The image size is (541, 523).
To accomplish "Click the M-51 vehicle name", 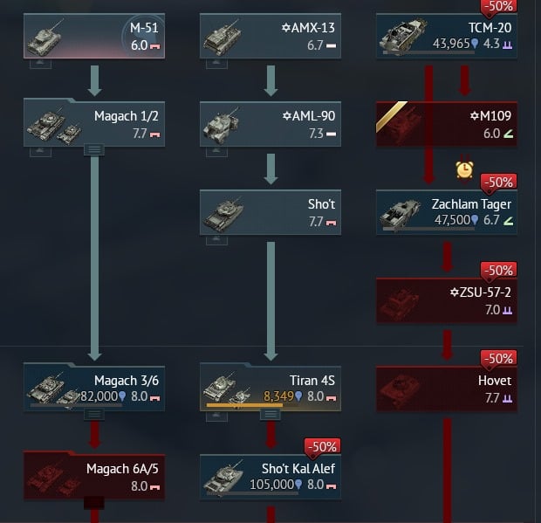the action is (144, 28).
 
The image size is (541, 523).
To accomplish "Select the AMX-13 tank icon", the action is (222, 38).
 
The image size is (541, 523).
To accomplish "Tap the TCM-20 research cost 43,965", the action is (451, 44).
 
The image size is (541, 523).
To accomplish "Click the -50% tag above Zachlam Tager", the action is (498, 182).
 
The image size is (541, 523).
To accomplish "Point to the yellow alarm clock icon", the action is (464, 169).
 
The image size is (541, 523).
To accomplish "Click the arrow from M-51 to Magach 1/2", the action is (94, 81).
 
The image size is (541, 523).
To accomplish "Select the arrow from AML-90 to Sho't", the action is (270, 169).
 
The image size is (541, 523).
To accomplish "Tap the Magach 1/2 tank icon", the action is (54, 125).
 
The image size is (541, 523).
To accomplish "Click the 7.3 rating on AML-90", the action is (316, 134).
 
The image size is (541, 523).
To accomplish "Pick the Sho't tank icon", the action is (223, 213).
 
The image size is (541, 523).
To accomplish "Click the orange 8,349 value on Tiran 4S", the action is (278, 396).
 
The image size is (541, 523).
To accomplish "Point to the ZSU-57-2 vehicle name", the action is (480, 292).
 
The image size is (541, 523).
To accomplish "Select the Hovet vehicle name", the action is (495, 381).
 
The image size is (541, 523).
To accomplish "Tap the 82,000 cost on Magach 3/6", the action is (99, 396).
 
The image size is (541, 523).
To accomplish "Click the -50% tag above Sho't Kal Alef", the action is (322, 447).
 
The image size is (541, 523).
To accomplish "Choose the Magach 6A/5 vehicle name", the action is (122, 469).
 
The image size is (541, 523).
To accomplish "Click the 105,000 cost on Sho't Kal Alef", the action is (271, 485).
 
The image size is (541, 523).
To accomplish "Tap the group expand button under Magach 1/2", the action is (94, 150).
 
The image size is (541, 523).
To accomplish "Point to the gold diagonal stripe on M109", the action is (392, 117).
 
